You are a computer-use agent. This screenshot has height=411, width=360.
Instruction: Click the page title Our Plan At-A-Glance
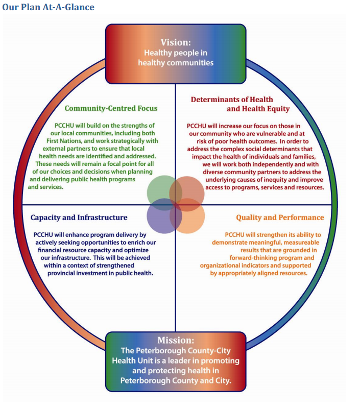point(48,7)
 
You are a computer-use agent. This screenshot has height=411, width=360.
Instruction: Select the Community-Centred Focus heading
point(111,108)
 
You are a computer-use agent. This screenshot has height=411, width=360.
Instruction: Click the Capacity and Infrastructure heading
point(79,217)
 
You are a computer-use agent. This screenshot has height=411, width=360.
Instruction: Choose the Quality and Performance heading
point(280,217)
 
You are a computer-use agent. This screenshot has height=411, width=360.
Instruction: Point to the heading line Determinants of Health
point(232,100)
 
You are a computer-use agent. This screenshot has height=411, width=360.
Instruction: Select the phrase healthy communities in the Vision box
point(176,63)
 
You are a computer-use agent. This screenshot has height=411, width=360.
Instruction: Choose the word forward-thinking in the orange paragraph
point(251,258)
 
